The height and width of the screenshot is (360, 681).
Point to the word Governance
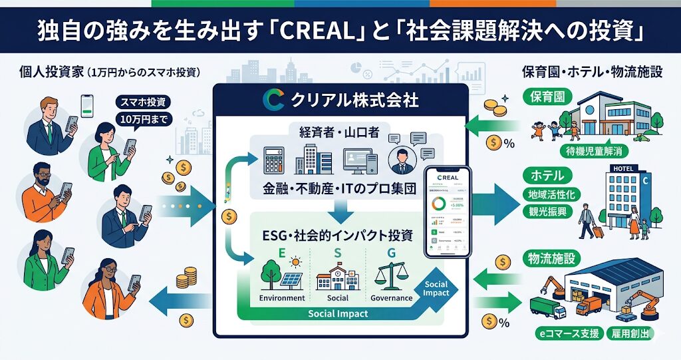(392, 298)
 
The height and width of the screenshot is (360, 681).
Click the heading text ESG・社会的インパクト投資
(337, 235)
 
